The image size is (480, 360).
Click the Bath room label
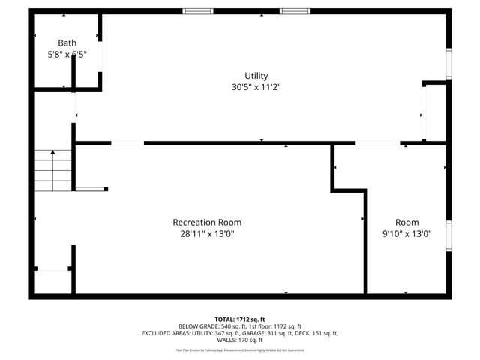pos(67,43)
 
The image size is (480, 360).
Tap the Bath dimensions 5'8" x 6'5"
pos(67,55)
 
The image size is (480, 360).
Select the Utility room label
pos(256,76)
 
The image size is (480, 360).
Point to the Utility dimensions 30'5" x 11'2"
pos(256,87)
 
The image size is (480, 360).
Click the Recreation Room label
pos(207,222)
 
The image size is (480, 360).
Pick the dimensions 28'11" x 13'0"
pos(207,233)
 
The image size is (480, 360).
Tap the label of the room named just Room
pos(407,222)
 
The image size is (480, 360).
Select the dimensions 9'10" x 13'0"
pos(407,233)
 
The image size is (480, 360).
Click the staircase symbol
pos(52,171)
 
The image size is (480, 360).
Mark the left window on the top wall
pos(197,11)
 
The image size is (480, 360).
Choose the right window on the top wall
pos(294,11)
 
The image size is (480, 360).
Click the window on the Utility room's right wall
pos(448,64)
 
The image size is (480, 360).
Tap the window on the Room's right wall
pos(448,235)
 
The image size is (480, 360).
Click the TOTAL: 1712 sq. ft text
pos(239,319)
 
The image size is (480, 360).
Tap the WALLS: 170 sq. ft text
pos(240,340)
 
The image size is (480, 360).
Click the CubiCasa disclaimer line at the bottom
pos(240,349)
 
